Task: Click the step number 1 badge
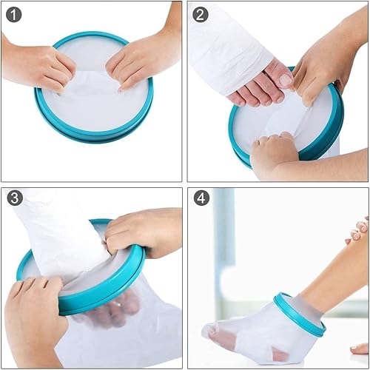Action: (15, 14)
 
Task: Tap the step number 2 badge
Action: (201, 14)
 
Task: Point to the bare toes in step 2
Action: (259, 89)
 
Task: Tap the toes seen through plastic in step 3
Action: (111, 314)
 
